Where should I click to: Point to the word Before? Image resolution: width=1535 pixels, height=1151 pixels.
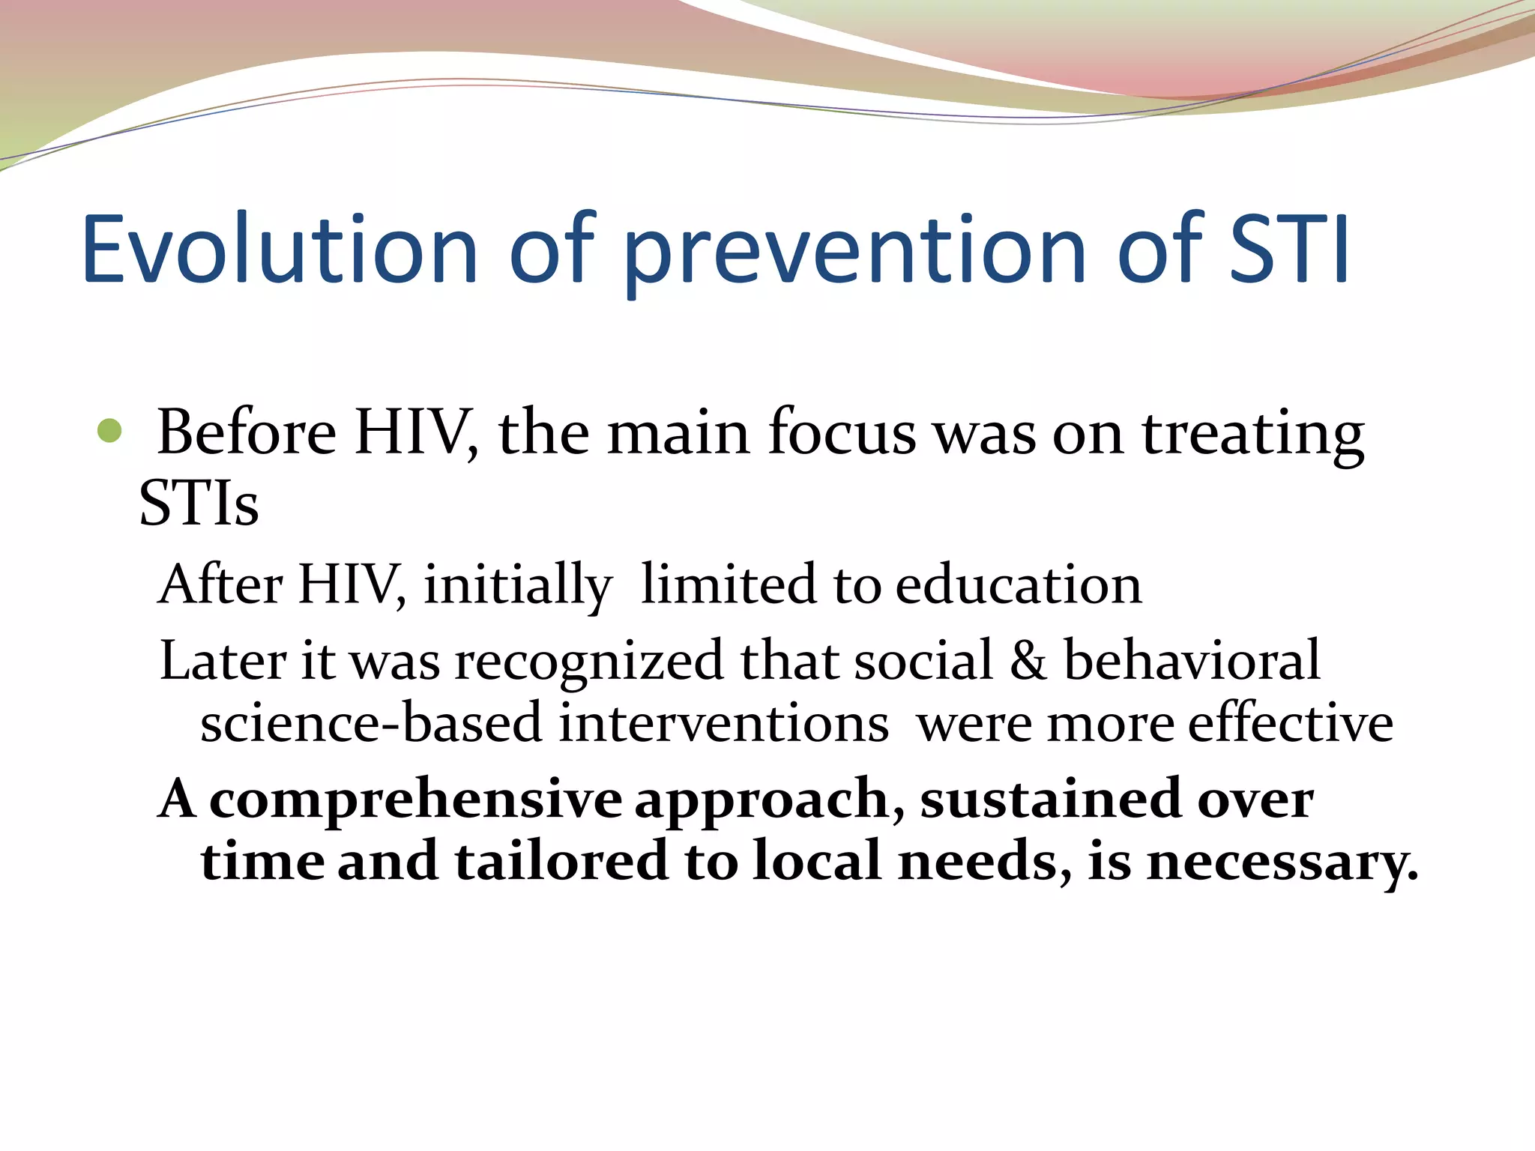[247, 433]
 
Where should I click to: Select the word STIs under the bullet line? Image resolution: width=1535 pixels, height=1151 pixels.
[199, 504]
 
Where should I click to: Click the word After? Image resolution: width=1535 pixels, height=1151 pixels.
[221, 584]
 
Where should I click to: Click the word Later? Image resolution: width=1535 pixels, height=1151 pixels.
[223, 661]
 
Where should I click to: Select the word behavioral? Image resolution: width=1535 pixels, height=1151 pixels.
[1192, 661]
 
